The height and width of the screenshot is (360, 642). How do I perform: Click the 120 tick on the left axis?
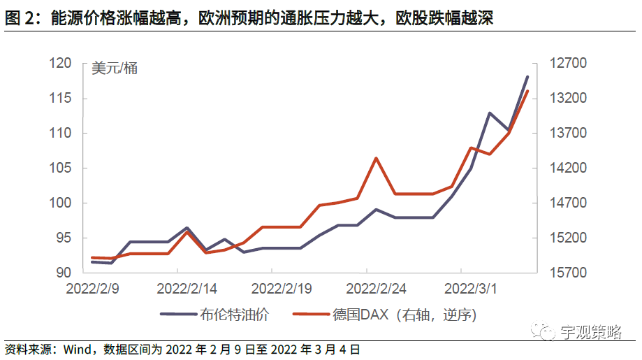pos(63,64)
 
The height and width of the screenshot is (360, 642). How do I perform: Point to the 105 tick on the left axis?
pos(63,168)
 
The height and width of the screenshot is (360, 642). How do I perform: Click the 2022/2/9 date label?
pos(92,288)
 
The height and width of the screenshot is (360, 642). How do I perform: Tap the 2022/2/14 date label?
pos(187,288)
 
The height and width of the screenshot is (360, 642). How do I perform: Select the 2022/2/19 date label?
pos(281,288)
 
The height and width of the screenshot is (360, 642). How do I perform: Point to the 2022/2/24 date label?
pos(376,288)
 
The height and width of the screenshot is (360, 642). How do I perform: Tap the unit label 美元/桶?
pos(115,68)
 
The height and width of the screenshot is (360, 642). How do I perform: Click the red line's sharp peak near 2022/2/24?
pos(377,158)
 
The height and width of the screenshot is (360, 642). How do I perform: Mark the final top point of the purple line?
pos(527,76)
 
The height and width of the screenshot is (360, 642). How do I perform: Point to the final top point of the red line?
pos(527,91)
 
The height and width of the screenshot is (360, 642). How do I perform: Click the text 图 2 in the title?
pos(21,19)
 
